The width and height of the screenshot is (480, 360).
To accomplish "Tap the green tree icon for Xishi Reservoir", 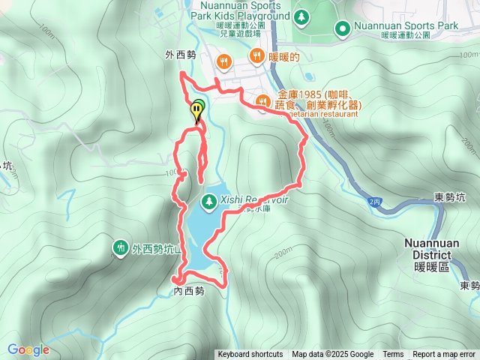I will (x=208, y=201).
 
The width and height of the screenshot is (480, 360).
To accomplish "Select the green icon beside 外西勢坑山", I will (x=120, y=247).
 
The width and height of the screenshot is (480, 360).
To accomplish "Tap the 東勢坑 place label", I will (x=450, y=197).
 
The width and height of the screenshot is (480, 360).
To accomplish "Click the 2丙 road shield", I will (x=375, y=202).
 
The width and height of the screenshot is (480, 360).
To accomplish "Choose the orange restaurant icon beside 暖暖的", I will (x=256, y=55).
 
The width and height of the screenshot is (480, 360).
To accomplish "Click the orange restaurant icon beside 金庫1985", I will (x=262, y=100).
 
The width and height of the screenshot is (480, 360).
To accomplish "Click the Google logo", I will (x=28, y=349).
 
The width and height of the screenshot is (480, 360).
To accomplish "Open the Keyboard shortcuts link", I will (x=250, y=355).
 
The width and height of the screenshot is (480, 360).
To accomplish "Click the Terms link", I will (x=393, y=355).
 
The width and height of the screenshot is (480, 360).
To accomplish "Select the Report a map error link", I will (x=444, y=355).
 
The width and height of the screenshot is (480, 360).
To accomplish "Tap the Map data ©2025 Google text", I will (x=332, y=355).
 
